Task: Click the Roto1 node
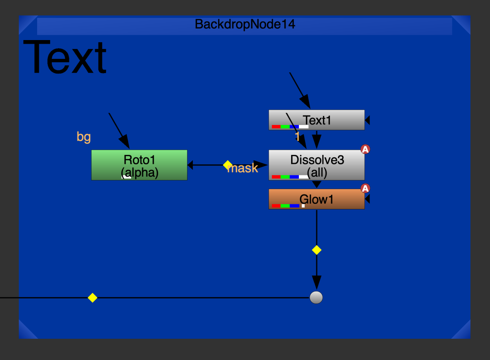[139, 165]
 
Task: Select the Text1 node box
[316, 120]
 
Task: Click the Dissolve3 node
[316, 165]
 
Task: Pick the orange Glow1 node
[316, 199]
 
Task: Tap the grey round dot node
[316, 297]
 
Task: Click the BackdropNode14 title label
[245, 24]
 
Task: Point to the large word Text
[65, 57]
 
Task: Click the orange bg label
[84, 137]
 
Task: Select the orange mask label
[243, 168]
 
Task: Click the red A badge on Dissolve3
[365, 149]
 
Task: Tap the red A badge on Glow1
[365, 188]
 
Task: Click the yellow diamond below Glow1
[316, 250]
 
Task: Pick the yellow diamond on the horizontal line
[92, 297]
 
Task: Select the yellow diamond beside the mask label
[227, 165]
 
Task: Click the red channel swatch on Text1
[276, 127]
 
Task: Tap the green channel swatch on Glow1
[285, 206]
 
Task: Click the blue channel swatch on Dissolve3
[294, 177]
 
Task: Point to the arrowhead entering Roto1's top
[125, 141]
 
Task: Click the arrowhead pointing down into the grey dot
[316, 282]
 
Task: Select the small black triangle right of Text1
[367, 120]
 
